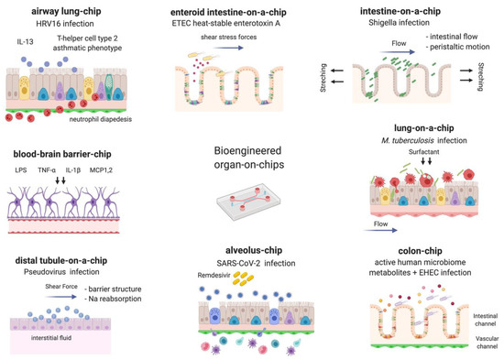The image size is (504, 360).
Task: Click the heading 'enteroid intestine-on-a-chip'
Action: [x=241, y=8]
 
